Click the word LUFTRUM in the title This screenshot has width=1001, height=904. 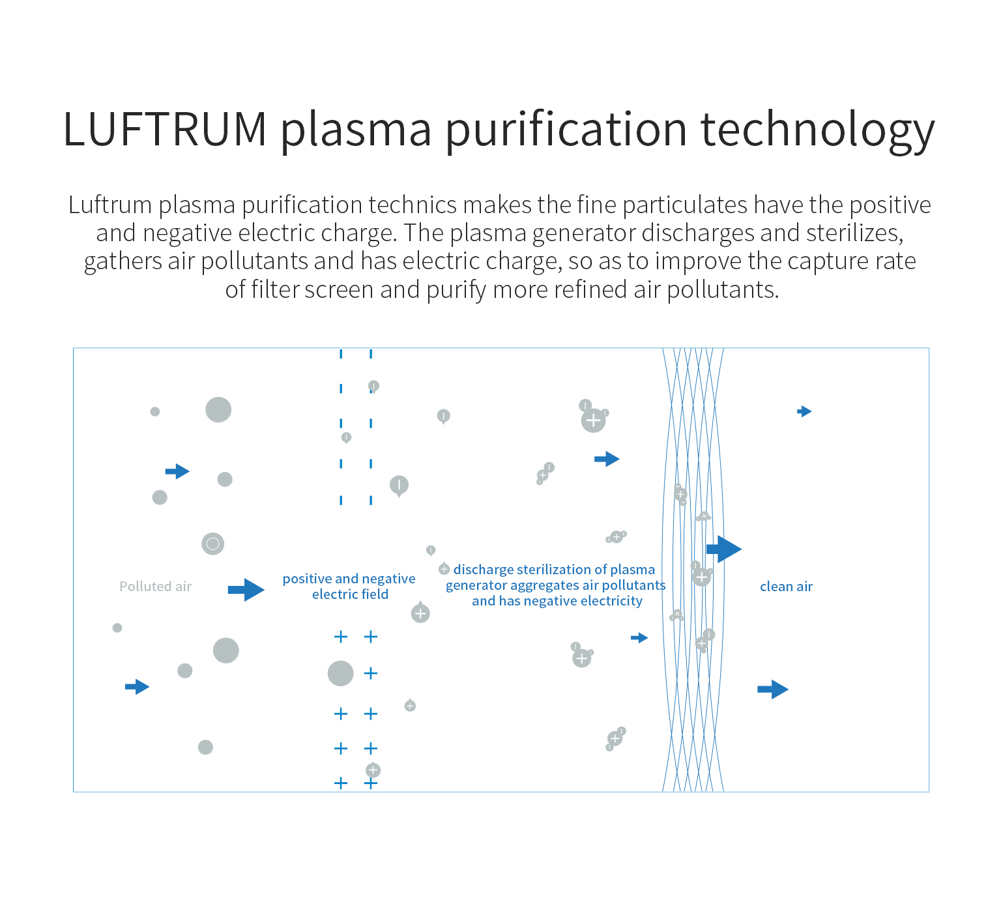(x=164, y=129)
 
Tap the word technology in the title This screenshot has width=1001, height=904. (x=817, y=129)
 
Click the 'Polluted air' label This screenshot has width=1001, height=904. (x=155, y=587)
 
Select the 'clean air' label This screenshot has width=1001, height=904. (x=786, y=587)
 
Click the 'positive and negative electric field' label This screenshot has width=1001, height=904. (x=349, y=587)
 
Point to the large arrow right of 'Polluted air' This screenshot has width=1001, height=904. (x=246, y=590)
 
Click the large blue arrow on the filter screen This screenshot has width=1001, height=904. (x=724, y=549)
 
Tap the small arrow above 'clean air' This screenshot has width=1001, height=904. (x=805, y=411)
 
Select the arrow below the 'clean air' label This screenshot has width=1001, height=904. (x=773, y=689)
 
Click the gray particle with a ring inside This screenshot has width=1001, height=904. (x=212, y=544)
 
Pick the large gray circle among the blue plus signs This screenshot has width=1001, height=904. (x=340, y=673)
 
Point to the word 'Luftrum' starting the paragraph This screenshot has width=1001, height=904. (x=109, y=205)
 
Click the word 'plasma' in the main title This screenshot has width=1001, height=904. (x=356, y=129)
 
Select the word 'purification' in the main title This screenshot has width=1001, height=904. (x=566, y=129)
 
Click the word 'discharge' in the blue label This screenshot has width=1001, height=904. (x=483, y=570)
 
